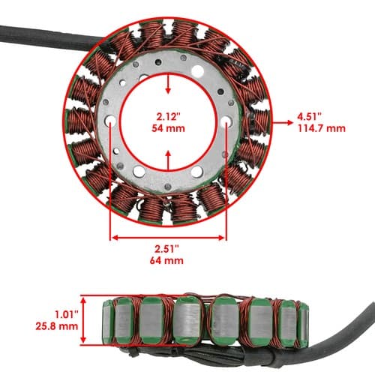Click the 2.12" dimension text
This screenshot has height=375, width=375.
[x=168, y=116]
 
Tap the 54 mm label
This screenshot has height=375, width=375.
[x=168, y=128]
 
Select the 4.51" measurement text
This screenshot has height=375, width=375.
[x=309, y=116]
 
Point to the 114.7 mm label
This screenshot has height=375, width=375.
[x=322, y=128]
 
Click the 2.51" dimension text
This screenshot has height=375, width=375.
[x=166, y=249]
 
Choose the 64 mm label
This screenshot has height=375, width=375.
[x=166, y=260]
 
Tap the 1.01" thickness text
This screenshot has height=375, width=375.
[x=67, y=314]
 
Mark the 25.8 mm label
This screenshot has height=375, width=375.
[x=57, y=326]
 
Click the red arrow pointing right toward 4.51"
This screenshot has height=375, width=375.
[x=283, y=122]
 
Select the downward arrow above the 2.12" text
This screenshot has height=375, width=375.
[x=168, y=84]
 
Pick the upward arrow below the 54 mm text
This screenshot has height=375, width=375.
[x=169, y=160]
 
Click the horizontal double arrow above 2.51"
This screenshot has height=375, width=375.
[x=168, y=238]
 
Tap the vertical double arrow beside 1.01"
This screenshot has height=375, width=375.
[x=83, y=320]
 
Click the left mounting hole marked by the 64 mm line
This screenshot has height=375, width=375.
[x=110, y=121]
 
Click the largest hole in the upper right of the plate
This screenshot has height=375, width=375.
[x=198, y=71]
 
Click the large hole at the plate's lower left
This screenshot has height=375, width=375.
[x=139, y=172]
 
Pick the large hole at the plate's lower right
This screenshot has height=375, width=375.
[x=196, y=172]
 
